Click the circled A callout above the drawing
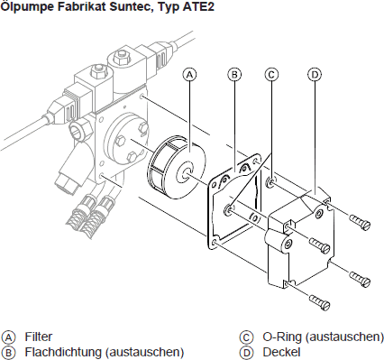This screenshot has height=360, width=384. tap(189, 75)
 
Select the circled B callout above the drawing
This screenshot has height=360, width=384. tap(234, 75)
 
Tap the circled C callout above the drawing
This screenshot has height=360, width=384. tap(271, 75)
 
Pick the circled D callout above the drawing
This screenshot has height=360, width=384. tap(315, 75)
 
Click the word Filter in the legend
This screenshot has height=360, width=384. tap(39, 337)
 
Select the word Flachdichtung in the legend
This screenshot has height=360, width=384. tap(63, 352)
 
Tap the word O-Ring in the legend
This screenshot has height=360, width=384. tap(282, 337)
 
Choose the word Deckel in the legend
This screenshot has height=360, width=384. tap(281, 352)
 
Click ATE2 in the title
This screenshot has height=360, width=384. tap(198, 6)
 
